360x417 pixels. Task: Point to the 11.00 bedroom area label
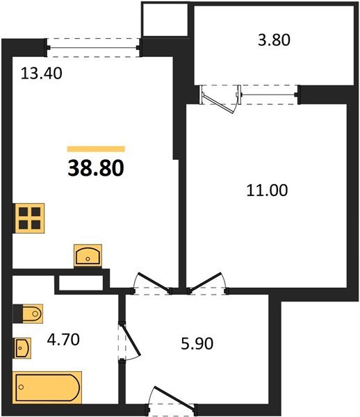268,188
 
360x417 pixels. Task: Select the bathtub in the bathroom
47,386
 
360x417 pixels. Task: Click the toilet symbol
28,315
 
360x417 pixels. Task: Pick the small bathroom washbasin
24,345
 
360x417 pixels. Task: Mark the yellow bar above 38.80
96,149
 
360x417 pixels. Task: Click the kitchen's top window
95,48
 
